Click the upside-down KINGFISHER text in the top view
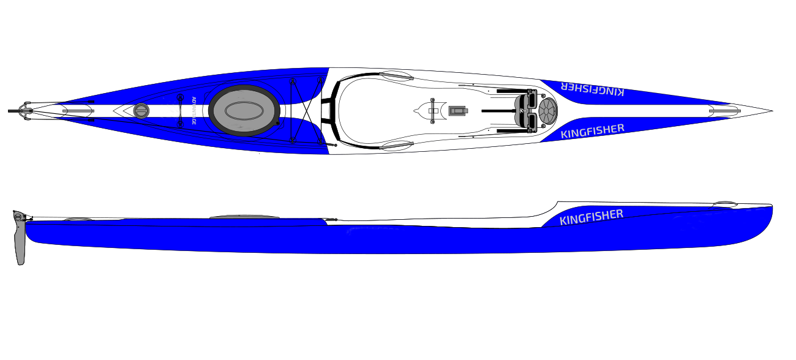point(592,89)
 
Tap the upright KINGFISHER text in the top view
point(592,131)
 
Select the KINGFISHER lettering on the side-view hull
point(591,217)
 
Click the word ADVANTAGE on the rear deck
point(193,111)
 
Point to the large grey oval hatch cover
point(244,111)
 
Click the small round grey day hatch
point(141,111)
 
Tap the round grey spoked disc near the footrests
point(548,111)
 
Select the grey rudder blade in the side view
point(20,242)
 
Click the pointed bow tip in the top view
point(773,111)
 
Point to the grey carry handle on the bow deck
point(724,111)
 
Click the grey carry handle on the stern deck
point(78,111)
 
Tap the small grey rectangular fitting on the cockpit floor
point(458,111)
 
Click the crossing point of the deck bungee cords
point(306,111)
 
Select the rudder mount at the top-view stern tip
point(21,111)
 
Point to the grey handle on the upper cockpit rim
point(396,76)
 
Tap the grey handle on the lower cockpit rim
point(396,145)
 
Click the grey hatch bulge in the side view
point(244,216)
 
